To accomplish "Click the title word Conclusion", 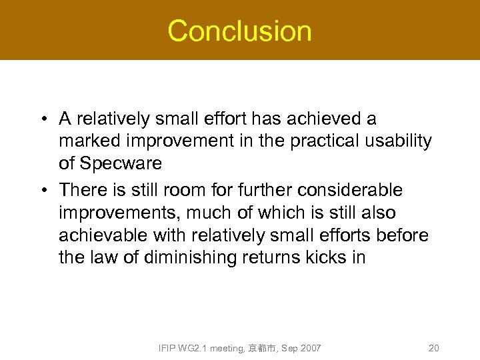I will coord(239,31).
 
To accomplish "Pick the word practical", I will coord(325,141).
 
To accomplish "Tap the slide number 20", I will coord(433,348).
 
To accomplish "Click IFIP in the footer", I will coord(168,348).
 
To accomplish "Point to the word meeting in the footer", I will coord(227,348).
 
